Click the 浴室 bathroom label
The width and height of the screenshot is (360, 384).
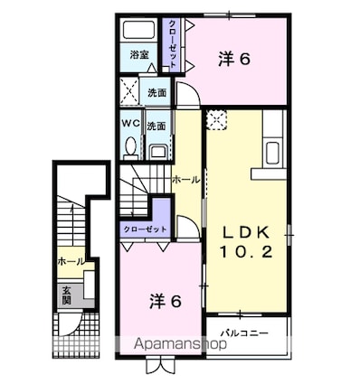pyautogui.click(x=139, y=55)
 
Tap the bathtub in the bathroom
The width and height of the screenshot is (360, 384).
pyautogui.click(x=139, y=30)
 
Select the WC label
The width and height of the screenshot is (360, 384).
pyautogui.click(x=131, y=123)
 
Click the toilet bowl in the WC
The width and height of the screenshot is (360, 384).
pyautogui.click(x=130, y=148)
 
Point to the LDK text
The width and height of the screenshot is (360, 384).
pyautogui.click(x=246, y=232)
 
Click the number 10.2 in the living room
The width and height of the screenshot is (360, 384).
pyautogui.click(x=246, y=252)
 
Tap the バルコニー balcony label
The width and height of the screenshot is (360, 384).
pyautogui.click(x=244, y=333)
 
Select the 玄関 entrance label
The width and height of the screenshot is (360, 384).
pyautogui.click(x=66, y=295)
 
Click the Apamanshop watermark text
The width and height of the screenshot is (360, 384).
pyautogui.click(x=180, y=343)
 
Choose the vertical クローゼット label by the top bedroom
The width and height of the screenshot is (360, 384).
pyautogui.click(x=172, y=44)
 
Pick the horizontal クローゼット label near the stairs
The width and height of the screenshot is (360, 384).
pyautogui.click(x=146, y=229)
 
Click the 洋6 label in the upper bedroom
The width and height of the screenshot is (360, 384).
pyautogui.click(x=234, y=59)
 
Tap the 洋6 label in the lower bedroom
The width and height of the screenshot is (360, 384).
pyautogui.click(x=166, y=301)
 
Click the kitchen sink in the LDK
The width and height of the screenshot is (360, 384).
pyautogui.click(x=273, y=153)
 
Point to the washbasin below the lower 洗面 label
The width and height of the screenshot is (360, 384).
pyautogui.click(x=158, y=151)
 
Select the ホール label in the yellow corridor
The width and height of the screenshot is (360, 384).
pyautogui.click(x=186, y=180)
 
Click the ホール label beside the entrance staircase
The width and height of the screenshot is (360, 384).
pyautogui.click(x=71, y=261)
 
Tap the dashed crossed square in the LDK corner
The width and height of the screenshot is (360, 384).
pyautogui.click(x=216, y=120)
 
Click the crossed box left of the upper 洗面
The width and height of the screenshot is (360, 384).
pyautogui.click(x=129, y=91)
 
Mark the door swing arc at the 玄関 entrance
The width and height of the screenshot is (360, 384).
pyautogui.click(x=70, y=324)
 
